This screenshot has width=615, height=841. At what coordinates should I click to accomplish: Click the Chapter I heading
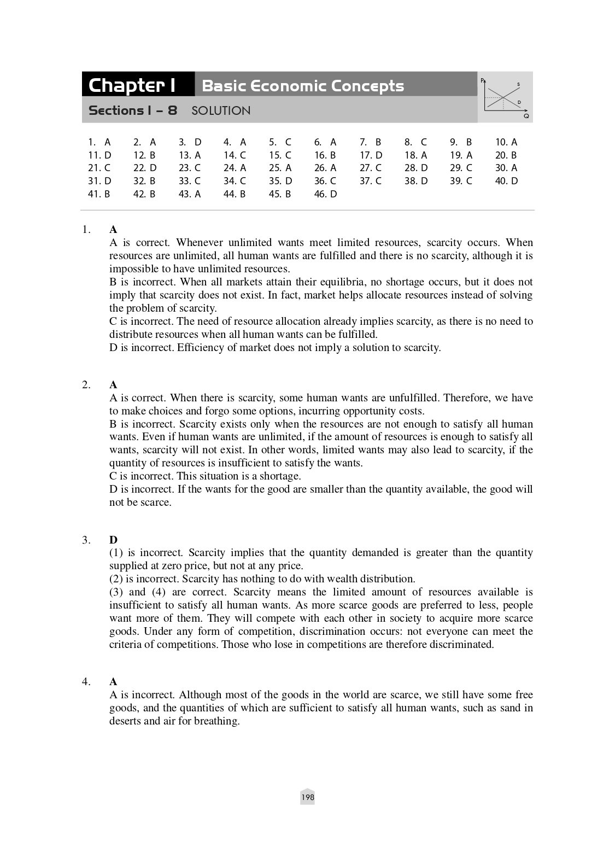click(x=132, y=85)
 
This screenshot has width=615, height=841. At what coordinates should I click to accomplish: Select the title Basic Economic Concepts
click(x=303, y=86)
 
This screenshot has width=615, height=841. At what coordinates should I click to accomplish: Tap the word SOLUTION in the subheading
click(x=221, y=110)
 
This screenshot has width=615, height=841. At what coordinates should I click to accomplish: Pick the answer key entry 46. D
click(x=325, y=194)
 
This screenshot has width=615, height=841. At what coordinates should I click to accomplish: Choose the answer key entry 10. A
click(x=506, y=142)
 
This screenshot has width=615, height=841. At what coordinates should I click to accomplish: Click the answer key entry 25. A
click(x=280, y=168)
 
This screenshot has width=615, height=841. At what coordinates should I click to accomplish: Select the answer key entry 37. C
click(x=371, y=181)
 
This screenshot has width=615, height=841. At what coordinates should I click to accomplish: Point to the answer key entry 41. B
click(x=99, y=194)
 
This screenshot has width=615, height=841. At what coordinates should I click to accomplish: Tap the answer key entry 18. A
click(x=415, y=155)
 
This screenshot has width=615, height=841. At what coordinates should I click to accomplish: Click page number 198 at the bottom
click(x=308, y=797)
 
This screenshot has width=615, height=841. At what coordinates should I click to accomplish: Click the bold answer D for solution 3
click(x=114, y=540)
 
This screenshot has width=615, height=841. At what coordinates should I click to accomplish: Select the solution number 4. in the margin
click(x=86, y=681)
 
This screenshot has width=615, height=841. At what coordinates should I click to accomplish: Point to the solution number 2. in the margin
click(x=86, y=384)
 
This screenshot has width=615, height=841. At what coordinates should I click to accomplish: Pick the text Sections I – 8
click(x=133, y=110)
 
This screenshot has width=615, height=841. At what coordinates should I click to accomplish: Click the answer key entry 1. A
click(x=99, y=142)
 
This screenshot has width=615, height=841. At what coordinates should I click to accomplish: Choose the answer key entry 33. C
click(x=190, y=181)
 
